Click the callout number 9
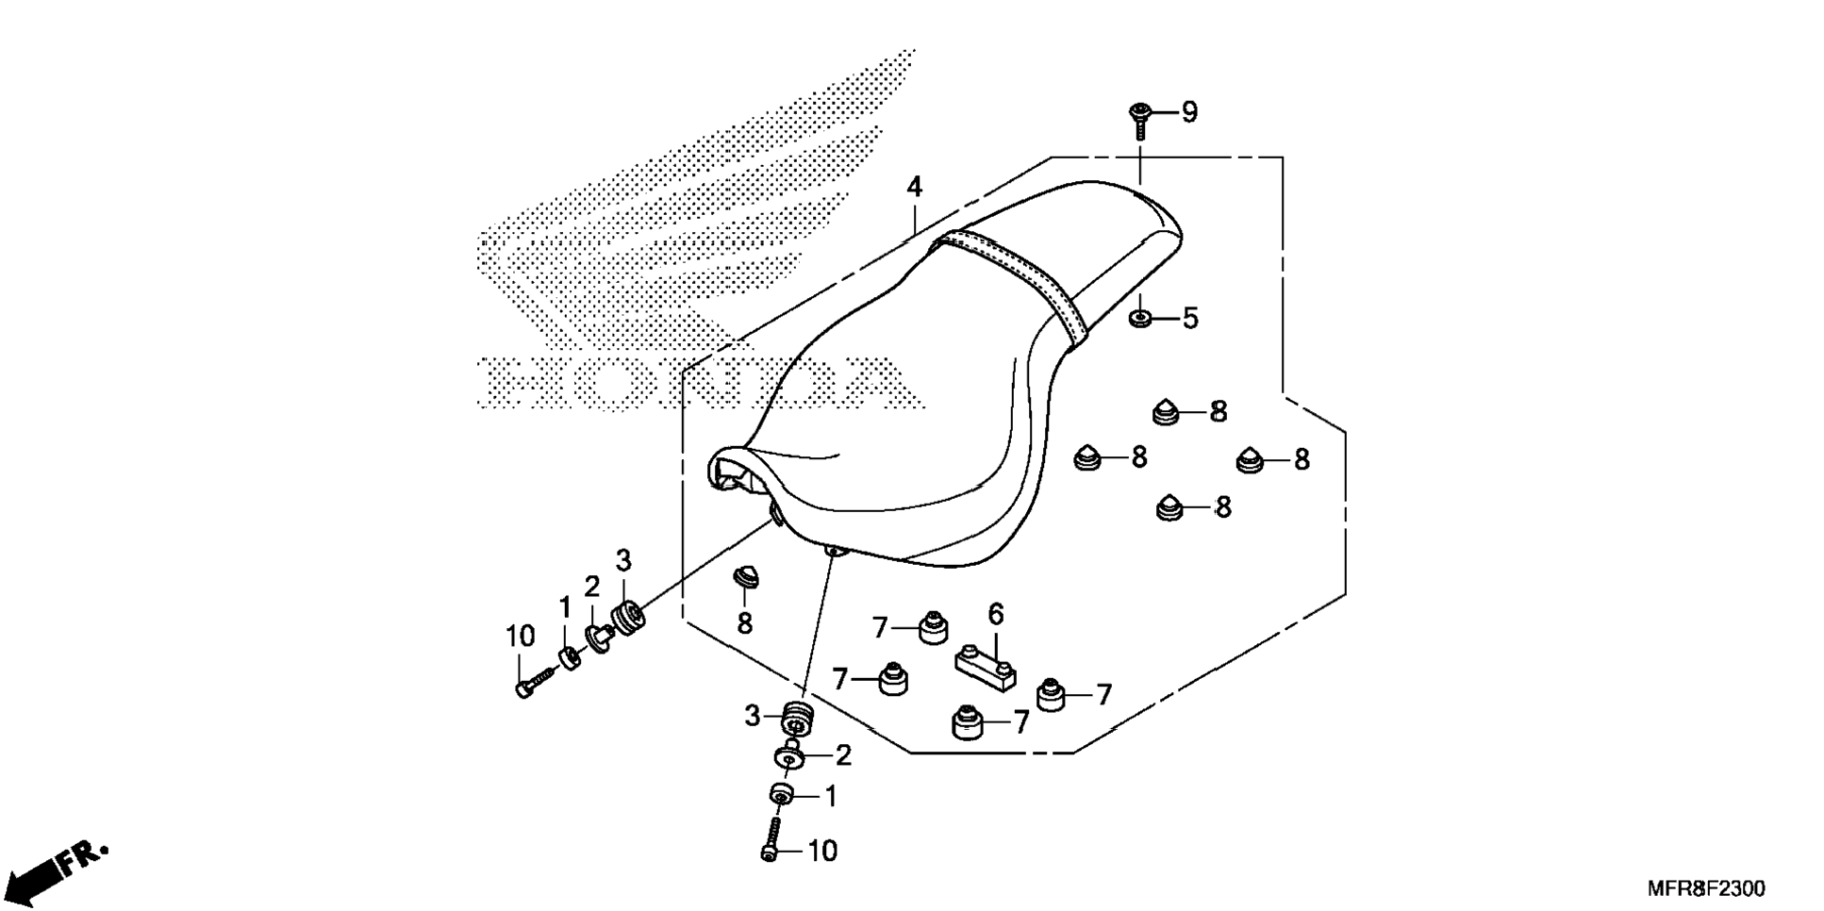[x=1189, y=112]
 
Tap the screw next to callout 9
[x=1139, y=121]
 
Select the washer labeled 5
[x=1140, y=318]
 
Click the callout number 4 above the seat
[x=914, y=187]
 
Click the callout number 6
[x=996, y=615]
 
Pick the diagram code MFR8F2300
[x=1706, y=888]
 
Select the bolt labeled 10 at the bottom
[x=770, y=838]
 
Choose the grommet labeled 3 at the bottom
[x=797, y=719]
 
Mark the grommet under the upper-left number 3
[x=627, y=616]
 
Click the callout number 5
[x=1190, y=319]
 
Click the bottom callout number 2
[x=843, y=755]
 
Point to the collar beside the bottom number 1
[x=781, y=794]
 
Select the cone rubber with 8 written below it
[x=746, y=576]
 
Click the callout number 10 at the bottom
[x=822, y=851]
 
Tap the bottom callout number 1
[x=830, y=798]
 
